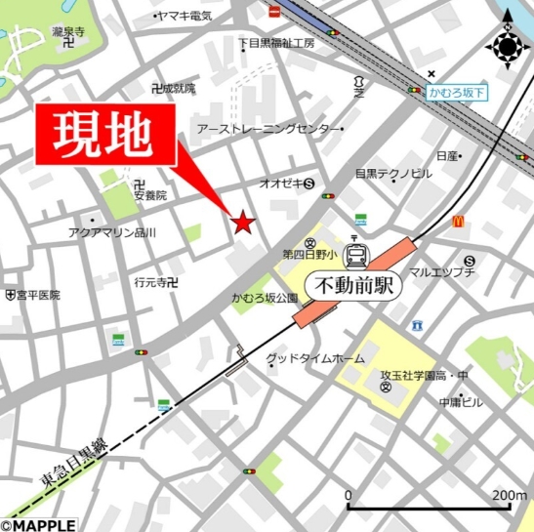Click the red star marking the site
tap(243, 224)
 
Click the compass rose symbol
tap(507, 46)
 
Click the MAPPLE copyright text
tap(38, 524)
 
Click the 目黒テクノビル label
tap(392, 174)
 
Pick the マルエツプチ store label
tap(440, 271)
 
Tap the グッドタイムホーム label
tap(314, 358)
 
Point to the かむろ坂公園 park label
tap(264, 297)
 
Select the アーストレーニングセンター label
tap(268, 129)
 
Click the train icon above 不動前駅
tap(357, 256)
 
